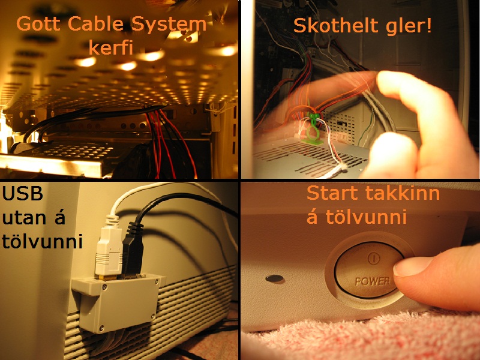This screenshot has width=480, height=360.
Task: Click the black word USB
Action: pos(22,193)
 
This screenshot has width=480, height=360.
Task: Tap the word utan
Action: pos(25,218)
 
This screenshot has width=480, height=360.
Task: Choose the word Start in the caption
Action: pos(333,193)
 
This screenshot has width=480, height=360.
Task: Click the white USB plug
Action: pos(108,248)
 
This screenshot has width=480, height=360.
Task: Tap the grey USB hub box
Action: pos(118,303)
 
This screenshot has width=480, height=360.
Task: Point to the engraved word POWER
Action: pos(373,280)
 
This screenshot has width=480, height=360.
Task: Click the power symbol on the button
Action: pos(373,258)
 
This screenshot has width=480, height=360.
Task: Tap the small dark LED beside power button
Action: pos(275,278)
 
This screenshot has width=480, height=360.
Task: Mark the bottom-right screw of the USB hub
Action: pos(153,316)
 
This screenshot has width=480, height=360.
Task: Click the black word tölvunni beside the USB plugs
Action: pos(42,241)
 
